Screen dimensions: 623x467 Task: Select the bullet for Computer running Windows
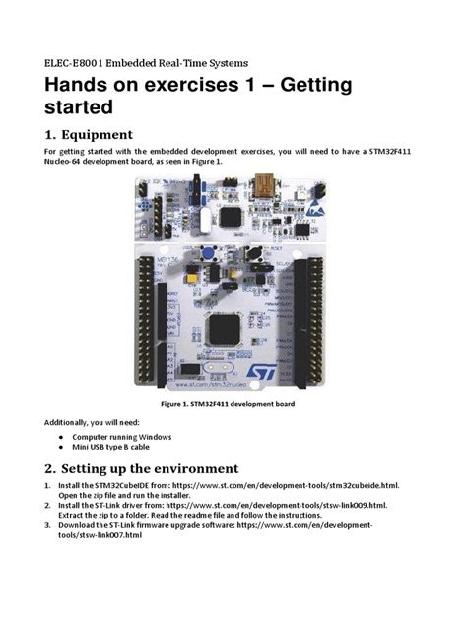tap(62, 435)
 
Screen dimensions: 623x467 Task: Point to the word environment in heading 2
tap(189, 467)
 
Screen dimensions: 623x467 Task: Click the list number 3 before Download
tap(48, 525)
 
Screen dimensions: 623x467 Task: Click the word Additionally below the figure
tap(68, 421)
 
